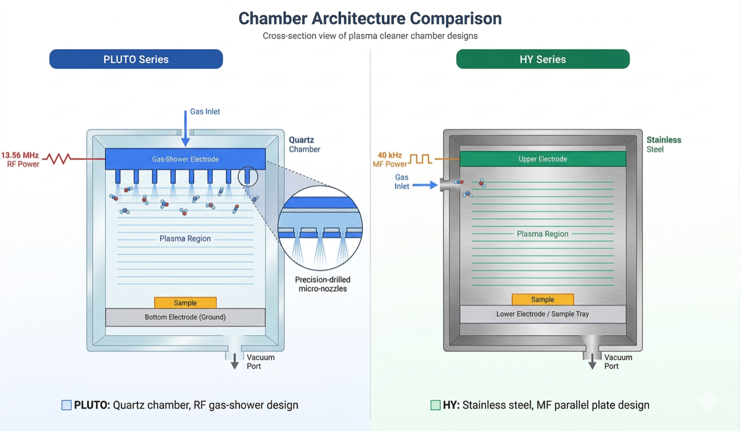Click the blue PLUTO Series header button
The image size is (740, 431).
(136, 59)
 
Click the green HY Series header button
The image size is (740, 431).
(542, 59)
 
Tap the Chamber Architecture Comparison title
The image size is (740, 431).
(370, 18)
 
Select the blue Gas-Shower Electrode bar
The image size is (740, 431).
(185, 159)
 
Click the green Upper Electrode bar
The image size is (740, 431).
(542, 159)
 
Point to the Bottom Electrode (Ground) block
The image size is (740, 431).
(185, 317)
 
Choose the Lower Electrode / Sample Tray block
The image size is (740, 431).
(542, 314)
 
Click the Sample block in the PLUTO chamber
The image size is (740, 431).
(185, 303)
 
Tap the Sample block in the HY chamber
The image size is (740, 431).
(542, 299)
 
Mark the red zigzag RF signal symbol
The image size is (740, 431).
(57, 158)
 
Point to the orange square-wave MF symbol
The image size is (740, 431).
(421, 159)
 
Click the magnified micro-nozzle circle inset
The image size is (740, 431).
(320, 228)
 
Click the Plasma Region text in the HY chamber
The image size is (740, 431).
(542, 234)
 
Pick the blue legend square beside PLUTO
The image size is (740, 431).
(66, 405)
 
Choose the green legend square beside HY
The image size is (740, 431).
(435, 405)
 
